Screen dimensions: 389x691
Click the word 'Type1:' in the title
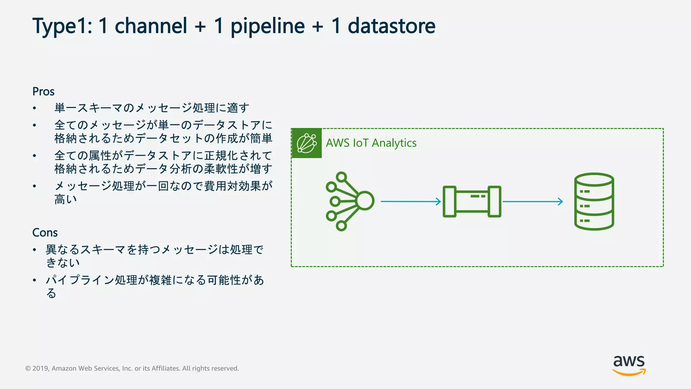click(62, 26)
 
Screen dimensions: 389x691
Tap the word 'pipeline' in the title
click(268, 26)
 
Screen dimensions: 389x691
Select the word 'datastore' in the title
click(391, 26)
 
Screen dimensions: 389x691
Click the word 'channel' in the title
click(151, 26)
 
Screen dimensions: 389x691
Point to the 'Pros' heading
click(43, 92)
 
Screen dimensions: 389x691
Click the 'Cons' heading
click(45, 233)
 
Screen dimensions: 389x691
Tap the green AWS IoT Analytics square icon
click(306, 143)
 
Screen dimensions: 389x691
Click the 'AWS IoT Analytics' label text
click(371, 143)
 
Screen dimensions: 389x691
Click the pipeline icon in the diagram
click(472, 201)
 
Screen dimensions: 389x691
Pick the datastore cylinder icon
click(594, 201)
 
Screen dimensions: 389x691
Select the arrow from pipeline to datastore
click(532, 202)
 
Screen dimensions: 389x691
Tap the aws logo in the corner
click(629, 365)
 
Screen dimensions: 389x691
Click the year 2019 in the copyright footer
click(40, 368)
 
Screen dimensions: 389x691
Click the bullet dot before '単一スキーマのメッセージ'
click(34, 108)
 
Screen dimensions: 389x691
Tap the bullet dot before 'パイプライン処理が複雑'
click(34, 280)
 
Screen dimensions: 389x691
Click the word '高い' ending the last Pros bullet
click(66, 200)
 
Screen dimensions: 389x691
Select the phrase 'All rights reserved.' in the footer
click(211, 368)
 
